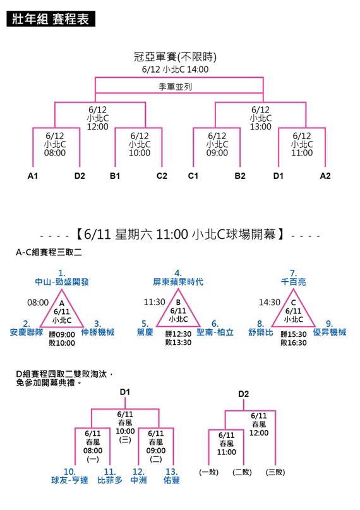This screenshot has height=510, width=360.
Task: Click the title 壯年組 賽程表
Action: [x=51, y=18]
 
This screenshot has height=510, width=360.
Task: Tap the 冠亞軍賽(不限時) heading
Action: [x=175, y=57]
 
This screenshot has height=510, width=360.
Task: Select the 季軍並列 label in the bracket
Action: [x=175, y=87]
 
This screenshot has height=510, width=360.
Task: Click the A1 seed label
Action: [x=33, y=176]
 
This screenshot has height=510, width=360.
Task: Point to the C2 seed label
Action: [x=162, y=176]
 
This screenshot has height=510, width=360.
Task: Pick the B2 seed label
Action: [x=240, y=176]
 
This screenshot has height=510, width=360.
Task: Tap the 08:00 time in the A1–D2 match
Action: [x=55, y=153]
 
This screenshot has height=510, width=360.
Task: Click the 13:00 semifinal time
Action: [x=261, y=126]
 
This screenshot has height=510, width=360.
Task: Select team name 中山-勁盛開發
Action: [x=62, y=282]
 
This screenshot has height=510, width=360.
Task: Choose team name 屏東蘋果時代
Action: [x=178, y=282]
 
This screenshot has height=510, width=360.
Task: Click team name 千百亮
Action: [x=294, y=282]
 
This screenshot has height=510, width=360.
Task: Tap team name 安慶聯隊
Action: [x=27, y=332]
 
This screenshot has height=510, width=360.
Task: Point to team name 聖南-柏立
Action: [x=215, y=332]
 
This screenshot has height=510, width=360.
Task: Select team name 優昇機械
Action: [x=330, y=332]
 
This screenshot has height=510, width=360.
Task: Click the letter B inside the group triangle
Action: [x=178, y=303]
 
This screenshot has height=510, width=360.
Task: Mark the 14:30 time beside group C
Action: [x=269, y=303]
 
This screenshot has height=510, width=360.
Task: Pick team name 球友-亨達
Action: [x=69, y=480]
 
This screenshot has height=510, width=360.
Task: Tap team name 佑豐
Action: [x=172, y=480]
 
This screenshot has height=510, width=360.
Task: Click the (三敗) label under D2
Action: [x=275, y=472]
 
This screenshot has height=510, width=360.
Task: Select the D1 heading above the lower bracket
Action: [x=125, y=392]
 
